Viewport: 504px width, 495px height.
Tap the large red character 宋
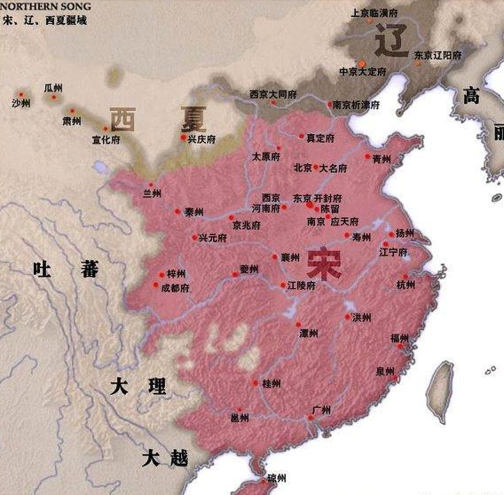pos(325,265)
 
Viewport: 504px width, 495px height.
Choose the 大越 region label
pos(165,458)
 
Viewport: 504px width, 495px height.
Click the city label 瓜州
pos(53,89)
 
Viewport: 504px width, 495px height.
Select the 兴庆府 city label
pos(201,139)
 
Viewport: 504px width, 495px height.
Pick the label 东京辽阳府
pos(440,55)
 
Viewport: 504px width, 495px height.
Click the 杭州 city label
pos(405,285)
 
